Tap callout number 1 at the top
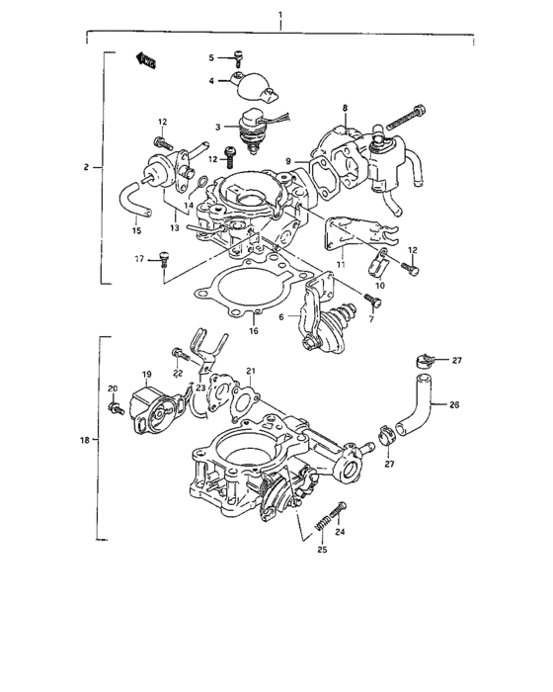click(280, 17)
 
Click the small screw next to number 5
click(237, 57)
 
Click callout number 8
click(345, 107)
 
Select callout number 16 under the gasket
click(254, 330)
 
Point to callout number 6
click(281, 316)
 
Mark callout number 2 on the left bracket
click(87, 168)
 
